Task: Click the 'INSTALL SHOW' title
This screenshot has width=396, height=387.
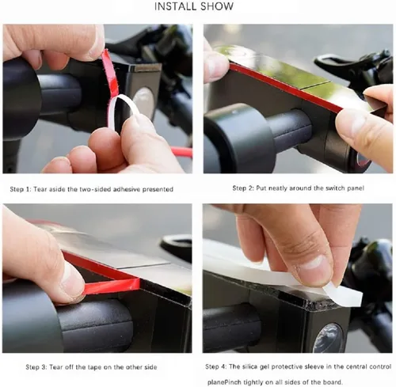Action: (194, 6)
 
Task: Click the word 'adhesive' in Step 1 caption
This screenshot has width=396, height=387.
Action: (127, 189)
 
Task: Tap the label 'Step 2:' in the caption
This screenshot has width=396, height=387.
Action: (243, 188)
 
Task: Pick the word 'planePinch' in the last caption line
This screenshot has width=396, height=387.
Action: (224, 382)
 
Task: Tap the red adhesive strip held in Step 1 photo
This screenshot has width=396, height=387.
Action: (110, 71)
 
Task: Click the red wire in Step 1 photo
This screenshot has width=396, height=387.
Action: (181, 151)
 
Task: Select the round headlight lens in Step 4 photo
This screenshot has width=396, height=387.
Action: (328, 338)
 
